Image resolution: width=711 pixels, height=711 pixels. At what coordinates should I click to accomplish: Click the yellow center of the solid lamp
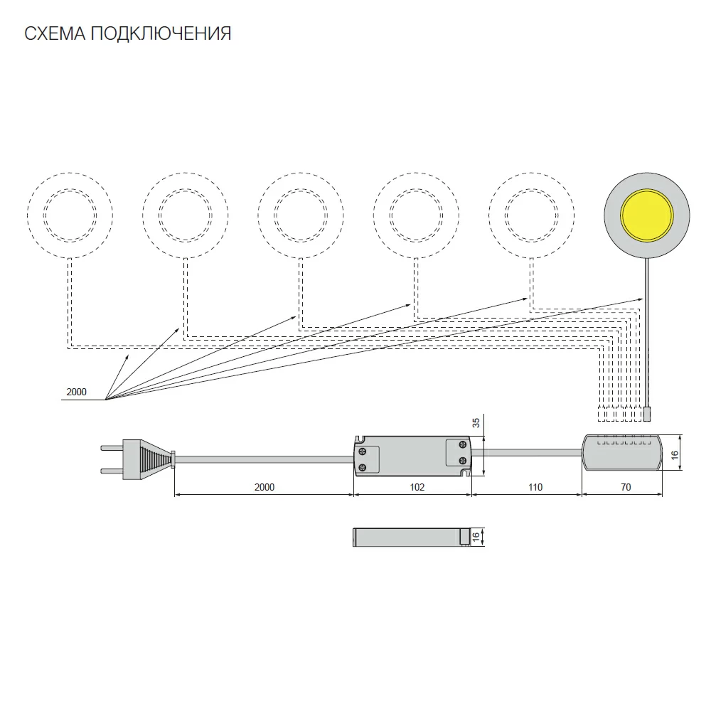click(x=646, y=215)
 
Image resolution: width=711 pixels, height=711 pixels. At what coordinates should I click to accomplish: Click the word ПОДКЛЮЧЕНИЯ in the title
click(x=161, y=33)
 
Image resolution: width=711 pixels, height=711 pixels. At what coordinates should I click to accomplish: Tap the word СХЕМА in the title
click(x=55, y=33)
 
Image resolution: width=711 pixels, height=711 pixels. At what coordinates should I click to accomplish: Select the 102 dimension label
click(x=417, y=487)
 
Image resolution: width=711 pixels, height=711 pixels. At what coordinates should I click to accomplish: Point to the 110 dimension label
click(x=535, y=487)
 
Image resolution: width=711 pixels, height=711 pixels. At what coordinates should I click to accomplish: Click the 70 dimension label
click(x=626, y=487)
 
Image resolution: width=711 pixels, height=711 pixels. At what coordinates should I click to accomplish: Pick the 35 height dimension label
click(x=476, y=423)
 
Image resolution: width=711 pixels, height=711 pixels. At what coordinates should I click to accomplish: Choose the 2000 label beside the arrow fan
click(x=76, y=392)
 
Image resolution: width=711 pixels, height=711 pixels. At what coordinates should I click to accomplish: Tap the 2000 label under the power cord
click(x=264, y=487)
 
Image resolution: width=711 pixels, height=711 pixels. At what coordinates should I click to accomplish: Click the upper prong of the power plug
click(x=112, y=448)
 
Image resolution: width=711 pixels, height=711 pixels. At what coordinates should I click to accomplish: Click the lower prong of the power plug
click(x=112, y=471)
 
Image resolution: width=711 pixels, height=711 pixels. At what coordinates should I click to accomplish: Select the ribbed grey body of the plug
click(x=149, y=459)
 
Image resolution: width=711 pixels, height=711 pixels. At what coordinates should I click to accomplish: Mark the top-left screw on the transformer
click(x=363, y=451)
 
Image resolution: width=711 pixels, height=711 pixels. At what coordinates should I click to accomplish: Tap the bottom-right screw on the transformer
click(x=463, y=461)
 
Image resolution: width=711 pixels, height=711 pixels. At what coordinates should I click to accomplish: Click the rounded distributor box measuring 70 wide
click(x=621, y=452)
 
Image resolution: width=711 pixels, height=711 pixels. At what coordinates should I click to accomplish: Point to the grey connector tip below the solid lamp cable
click(x=647, y=414)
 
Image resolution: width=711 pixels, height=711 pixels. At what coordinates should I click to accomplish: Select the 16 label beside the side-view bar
click(x=476, y=537)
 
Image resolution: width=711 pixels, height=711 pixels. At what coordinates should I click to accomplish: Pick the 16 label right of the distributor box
click(x=675, y=454)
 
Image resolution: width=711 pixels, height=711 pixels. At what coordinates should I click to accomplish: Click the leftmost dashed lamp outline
click(x=70, y=173)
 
